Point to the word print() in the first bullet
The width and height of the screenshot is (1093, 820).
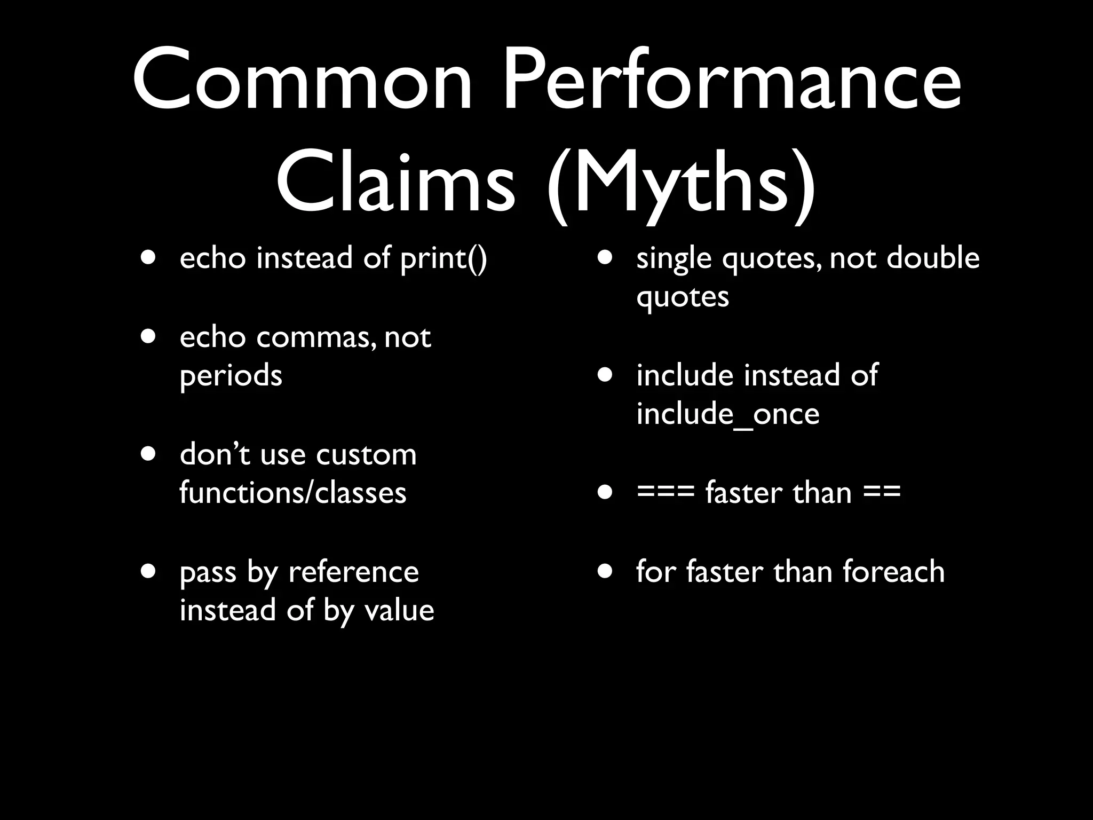(x=443, y=259)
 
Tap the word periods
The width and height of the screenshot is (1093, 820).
(x=231, y=376)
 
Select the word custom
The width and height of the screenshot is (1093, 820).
(x=366, y=455)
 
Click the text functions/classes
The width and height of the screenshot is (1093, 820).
(x=293, y=493)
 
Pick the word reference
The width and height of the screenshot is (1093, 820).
(x=353, y=572)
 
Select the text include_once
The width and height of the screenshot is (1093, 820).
(x=728, y=414)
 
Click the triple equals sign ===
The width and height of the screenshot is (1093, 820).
(x=665, y=492)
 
